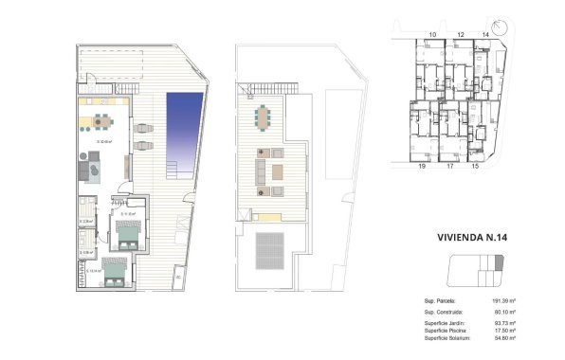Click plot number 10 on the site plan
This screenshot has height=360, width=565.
(x=431, y=35)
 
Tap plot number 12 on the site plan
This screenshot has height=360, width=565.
(x=459, y=35)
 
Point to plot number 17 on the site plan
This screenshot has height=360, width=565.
(x=449, y=166)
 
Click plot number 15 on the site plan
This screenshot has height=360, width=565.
(x=475, y=166)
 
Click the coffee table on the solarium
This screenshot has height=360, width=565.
(x=277, y=171)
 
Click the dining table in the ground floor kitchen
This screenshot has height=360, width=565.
(x=100, y=120)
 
